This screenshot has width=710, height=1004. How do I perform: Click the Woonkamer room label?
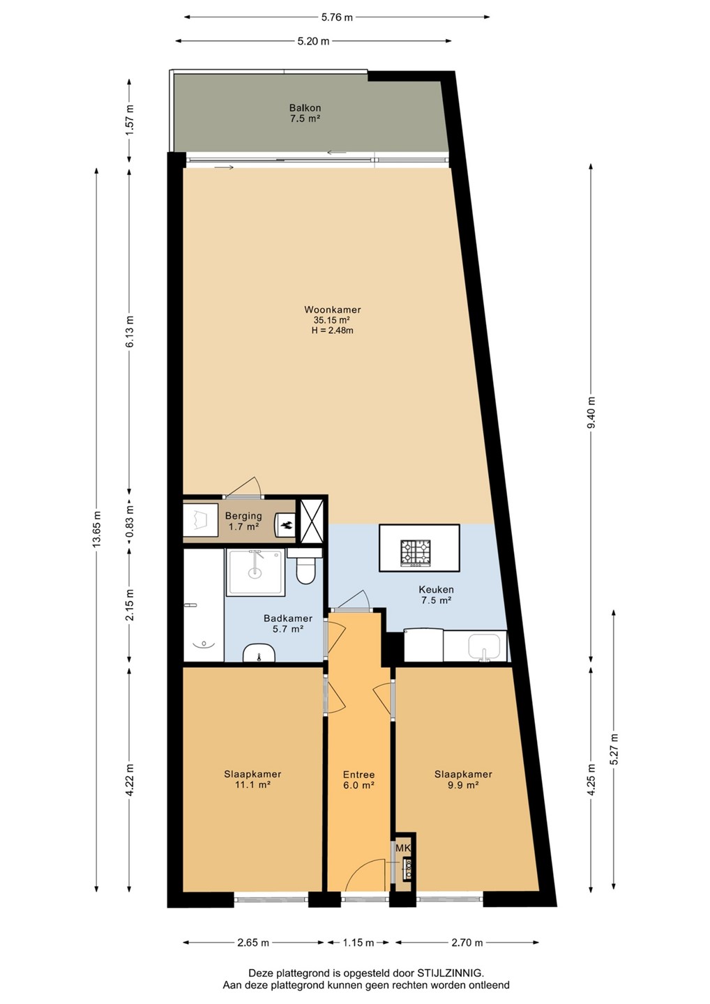(332, 310)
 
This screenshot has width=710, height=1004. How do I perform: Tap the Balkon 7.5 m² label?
(305, 114)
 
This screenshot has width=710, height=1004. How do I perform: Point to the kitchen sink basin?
(484, 648)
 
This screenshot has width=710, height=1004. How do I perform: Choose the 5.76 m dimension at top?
(337, 17)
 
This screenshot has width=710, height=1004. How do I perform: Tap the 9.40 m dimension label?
(591, 412)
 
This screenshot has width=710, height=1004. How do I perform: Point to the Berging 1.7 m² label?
(243, 521)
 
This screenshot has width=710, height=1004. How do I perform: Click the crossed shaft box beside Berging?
(311, 521)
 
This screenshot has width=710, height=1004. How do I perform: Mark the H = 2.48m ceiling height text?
(332, 330)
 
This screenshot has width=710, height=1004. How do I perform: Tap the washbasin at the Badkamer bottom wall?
(259, 653)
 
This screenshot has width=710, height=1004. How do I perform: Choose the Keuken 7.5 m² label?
(436, 595)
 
